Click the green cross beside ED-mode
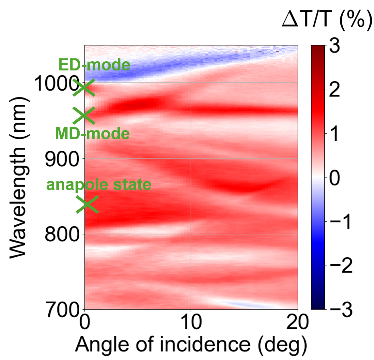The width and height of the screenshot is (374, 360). pos(84,87)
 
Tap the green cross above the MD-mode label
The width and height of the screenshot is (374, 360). pos(84,115)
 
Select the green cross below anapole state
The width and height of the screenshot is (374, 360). pos(87,204)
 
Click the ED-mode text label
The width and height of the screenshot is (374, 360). pos(94,65)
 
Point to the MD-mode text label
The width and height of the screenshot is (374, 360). pos(92,133)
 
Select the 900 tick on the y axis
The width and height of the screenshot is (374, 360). pos(62,159)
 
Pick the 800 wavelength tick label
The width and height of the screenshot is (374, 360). pos(62,234)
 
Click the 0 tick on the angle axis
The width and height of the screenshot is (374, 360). pos(85,322)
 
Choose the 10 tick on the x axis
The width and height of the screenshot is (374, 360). pos(191,322)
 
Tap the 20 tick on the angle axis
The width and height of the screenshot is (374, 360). pos(297,322)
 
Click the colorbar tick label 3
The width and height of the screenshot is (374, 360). pos(335,46)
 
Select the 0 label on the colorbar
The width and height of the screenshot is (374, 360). pos(335,178)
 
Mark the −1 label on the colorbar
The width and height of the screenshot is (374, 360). pos(340,222)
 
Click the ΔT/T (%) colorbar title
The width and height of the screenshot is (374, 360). pos(327,20)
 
